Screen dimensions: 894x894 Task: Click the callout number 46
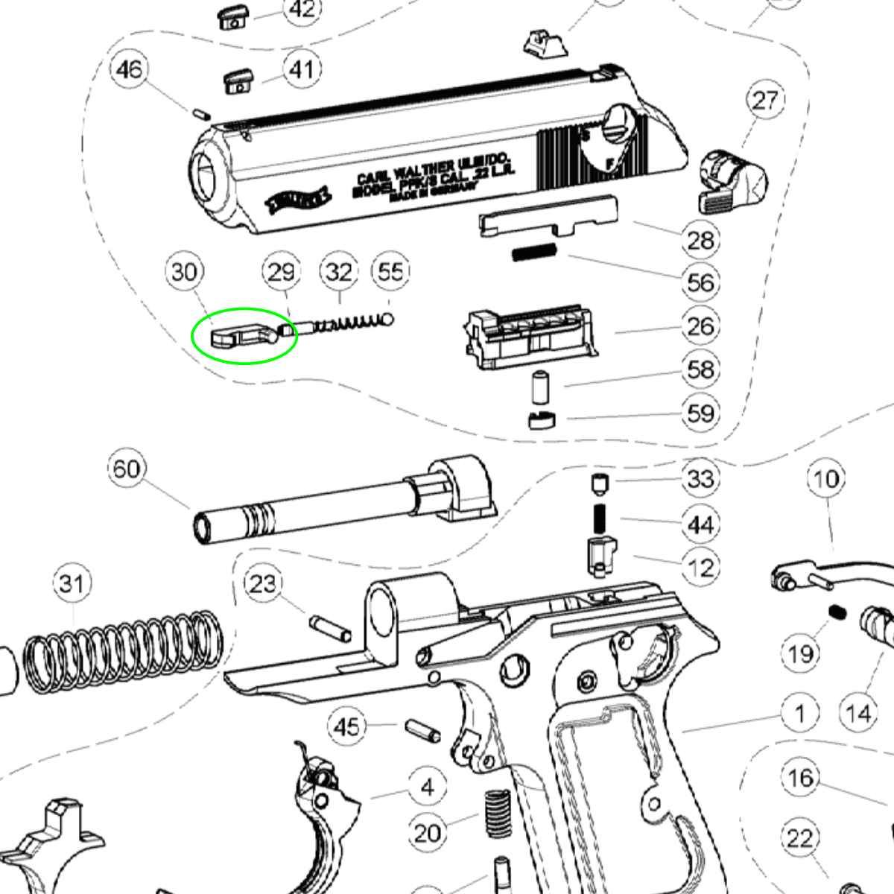(129, 69)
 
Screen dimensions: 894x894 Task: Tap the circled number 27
(765, 100)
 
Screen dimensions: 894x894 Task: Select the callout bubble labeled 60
(127, 469)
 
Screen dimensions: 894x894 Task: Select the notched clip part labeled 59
(542, 420)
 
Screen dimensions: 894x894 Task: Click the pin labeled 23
(329, 627)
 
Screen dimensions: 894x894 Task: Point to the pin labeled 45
(422, 730)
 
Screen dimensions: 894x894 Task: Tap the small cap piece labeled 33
(598, 484)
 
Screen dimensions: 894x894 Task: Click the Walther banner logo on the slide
(299, 200)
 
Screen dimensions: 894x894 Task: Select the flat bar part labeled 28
(550, 218)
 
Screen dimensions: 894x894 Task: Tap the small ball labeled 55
(388, 319)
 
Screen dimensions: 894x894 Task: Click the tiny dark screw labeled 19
(836, 612)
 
